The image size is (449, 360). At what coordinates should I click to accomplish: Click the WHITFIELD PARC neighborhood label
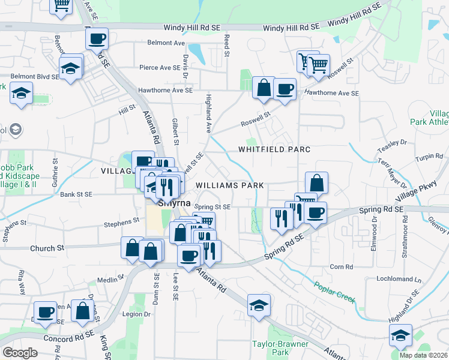click(x=274, y=149)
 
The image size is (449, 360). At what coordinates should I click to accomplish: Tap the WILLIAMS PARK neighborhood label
click(x=230, y=186)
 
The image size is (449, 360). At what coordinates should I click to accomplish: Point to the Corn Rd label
click(x=340, y=267)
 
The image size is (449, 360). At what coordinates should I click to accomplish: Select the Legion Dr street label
click(x=136, y=314)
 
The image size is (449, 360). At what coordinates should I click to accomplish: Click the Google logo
click(x=20, y=353)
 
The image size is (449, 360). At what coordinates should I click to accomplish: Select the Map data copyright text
click(x=423, y=355)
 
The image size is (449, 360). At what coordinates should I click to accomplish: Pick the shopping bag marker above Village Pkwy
click(x=316, y=183)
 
